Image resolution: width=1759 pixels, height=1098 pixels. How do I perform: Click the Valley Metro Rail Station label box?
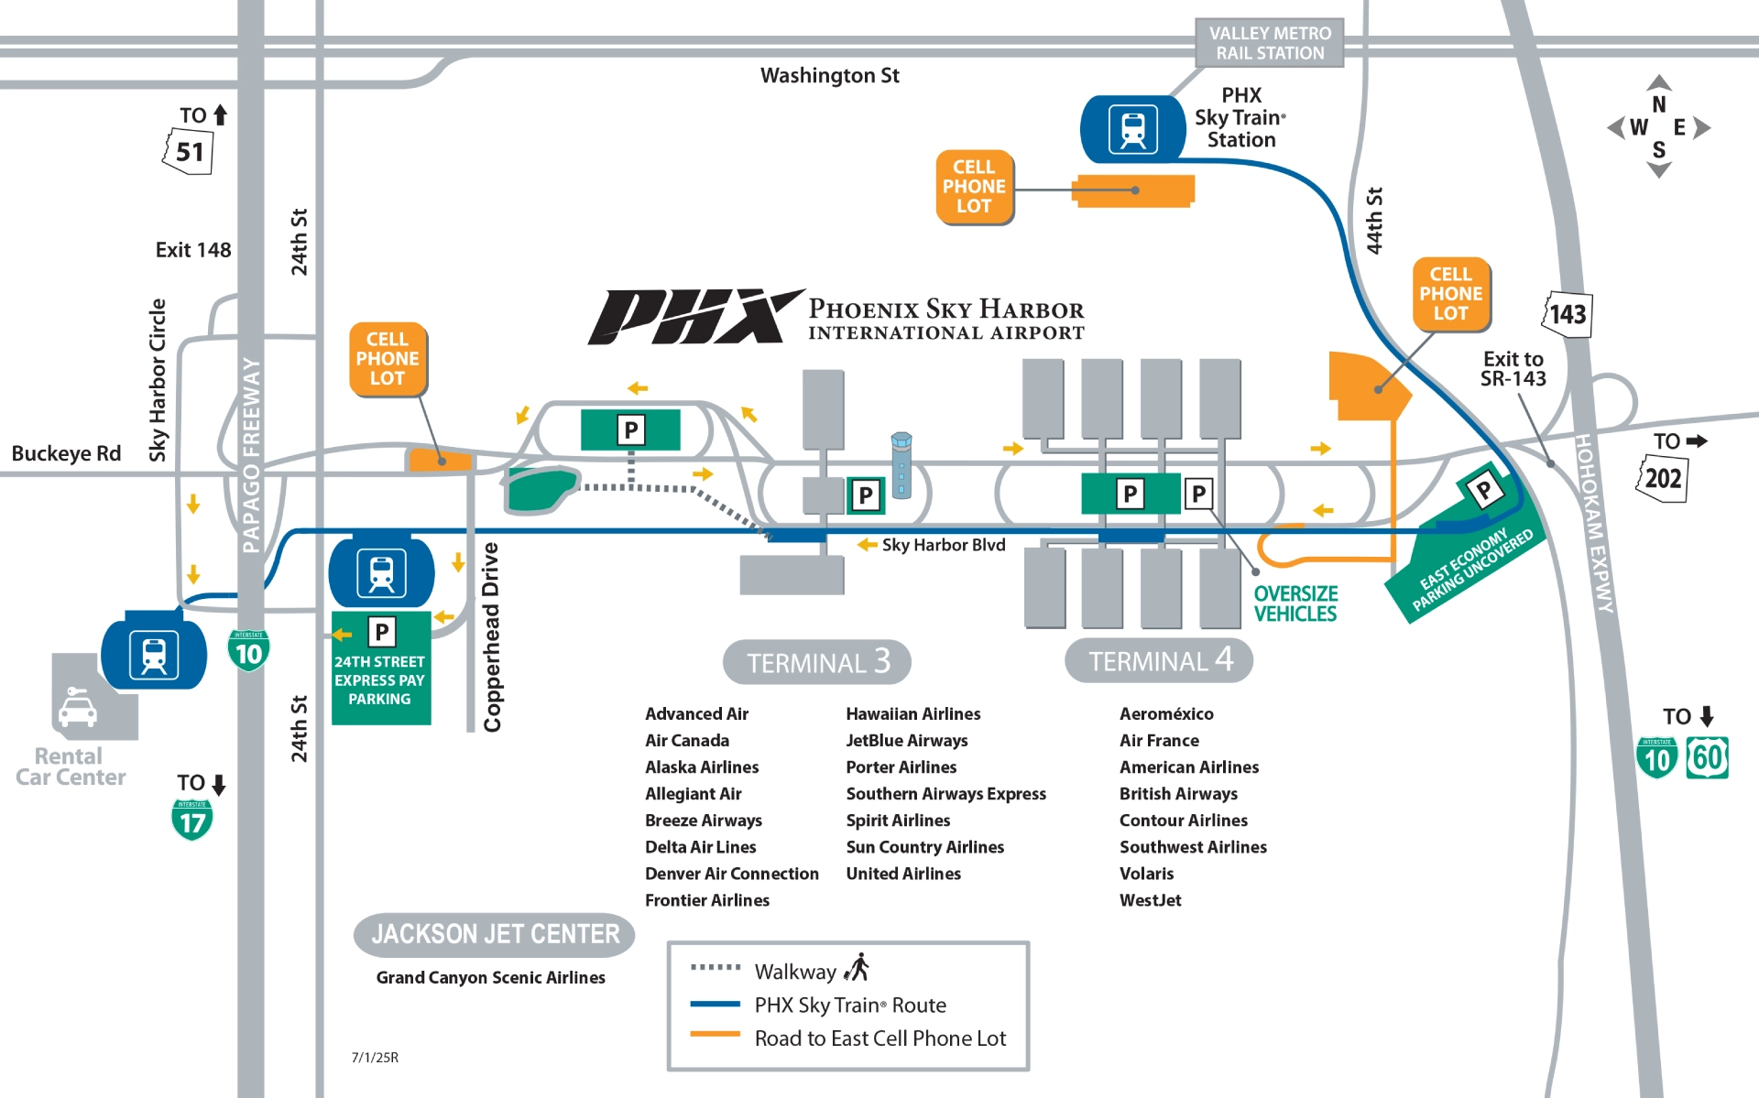(1269, 43)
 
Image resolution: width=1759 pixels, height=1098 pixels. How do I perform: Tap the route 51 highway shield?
(189, 151)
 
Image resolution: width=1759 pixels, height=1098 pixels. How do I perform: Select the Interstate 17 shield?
(192, 820)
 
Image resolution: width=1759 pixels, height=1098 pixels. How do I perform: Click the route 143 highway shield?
(1568, 314)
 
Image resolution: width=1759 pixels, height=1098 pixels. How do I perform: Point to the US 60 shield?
(1707, 758)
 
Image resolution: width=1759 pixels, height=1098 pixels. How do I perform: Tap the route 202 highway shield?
(1662, 478)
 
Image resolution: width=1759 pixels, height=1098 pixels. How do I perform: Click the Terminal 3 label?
(817, 661)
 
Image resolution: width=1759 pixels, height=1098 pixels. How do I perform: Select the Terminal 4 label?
(1159, 660)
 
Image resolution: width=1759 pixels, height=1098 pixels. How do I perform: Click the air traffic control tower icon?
(901, 464)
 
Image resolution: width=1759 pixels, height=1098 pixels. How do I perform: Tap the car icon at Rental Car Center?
(77, 708)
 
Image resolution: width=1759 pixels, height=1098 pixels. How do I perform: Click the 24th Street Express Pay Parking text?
(379, 680)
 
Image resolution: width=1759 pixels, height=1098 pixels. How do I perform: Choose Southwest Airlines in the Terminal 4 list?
(1193, 847)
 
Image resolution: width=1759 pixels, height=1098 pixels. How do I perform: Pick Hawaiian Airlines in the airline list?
(912, 713)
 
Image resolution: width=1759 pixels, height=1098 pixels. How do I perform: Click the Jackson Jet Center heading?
(495, 934)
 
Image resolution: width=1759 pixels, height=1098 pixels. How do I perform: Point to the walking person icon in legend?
(858, 968)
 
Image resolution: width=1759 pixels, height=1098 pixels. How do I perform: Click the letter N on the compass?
(1658, 104)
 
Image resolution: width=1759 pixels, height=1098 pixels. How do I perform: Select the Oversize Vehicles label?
(1295, 603)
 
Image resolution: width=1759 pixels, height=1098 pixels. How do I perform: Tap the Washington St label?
(829, 76)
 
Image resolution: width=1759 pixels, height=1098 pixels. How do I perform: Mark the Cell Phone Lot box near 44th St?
(1450, 294)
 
